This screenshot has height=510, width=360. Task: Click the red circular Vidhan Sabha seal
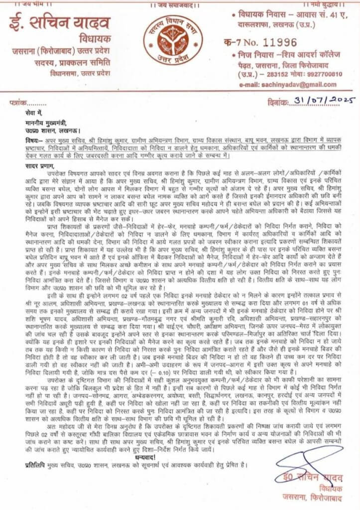[180, 38]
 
